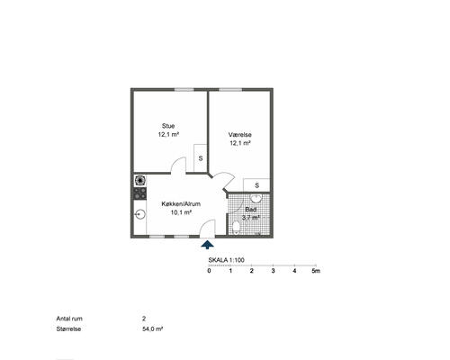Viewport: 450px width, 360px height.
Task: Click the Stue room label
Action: click(168, 126)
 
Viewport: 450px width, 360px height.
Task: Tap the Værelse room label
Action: click(240, 135)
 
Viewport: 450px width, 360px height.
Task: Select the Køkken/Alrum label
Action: click(181, 204)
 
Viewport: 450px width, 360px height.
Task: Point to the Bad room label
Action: click(251, 210)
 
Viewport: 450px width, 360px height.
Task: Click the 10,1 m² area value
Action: click(181, 212)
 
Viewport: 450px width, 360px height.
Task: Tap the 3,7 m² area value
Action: click(251, 218)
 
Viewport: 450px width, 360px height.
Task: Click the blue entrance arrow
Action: click(207, 245)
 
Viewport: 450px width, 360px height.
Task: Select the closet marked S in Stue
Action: click(201, 158)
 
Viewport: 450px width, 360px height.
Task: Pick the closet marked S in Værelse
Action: click(256, 185)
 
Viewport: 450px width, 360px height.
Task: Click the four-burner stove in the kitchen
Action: click(140, 193)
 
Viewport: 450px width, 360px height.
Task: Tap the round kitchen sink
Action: click(140, 214)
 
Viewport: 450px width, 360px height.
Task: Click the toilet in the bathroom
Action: click(237, 228)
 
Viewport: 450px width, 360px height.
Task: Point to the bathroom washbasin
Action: click(256, 197)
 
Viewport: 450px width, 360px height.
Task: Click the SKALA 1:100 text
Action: click(227, 260)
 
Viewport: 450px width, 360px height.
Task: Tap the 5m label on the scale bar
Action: click(316, 271)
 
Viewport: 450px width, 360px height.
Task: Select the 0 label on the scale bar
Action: click(209, 271)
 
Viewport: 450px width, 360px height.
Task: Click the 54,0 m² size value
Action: click(153, 328)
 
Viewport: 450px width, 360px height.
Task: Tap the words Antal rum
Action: click(69, 319)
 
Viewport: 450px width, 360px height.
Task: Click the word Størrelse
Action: click(68, 328)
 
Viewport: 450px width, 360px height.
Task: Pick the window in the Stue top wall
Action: click(184, 89)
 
